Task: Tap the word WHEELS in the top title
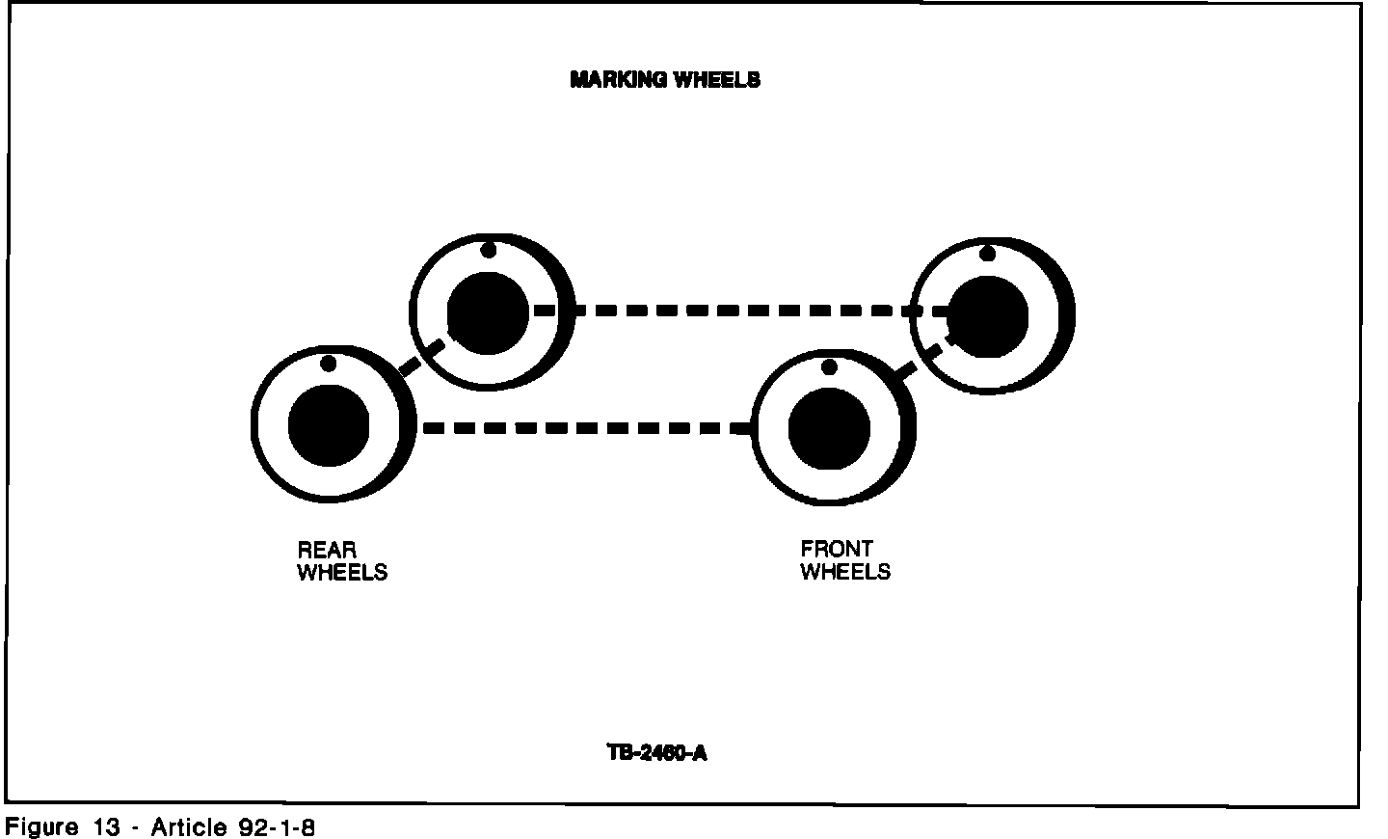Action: [x=716, y=80]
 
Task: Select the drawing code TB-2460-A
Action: [x=656, y=752]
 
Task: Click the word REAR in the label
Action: [x=327, y=550]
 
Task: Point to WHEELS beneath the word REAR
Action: [x=342, y=573]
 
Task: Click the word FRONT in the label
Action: [x=837, y=549]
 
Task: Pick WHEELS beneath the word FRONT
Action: [x=845, y=572]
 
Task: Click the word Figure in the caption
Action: [x=42, y=827]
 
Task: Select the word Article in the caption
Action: [x=188, y=827]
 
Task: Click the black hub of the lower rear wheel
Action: [x=329, y=425]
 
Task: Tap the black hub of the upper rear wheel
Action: [x=488, y=312]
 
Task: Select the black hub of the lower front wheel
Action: [x=829, y=428]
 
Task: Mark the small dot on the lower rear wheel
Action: [x=328, y=364]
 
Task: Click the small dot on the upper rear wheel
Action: [x=489, y=251]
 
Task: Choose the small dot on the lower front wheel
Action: [x=829, y=366]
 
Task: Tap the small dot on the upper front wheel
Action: [x=987, y=254]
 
